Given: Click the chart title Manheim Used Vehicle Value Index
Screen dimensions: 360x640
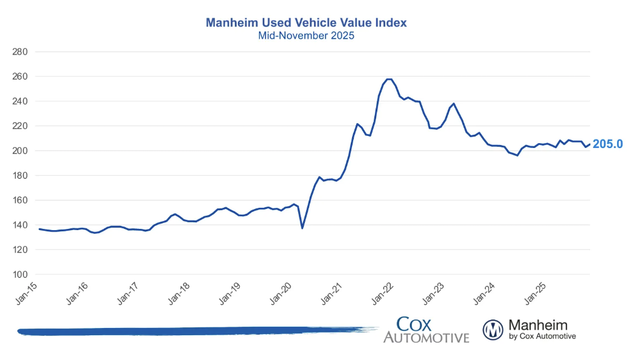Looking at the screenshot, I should click(306, 23).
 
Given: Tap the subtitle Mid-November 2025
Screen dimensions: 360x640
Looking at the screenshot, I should click(306, 36).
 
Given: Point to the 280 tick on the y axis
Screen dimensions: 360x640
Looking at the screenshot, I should click(21, 52).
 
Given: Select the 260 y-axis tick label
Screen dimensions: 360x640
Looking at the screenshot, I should click(21, 77).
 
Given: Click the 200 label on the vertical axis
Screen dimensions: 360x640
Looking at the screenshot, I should click(21, 151).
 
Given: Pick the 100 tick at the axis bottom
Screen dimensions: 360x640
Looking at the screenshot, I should click(21, 274).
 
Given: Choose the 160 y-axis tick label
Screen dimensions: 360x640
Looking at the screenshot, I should click(21, 201).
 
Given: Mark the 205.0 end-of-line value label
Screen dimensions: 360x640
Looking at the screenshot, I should click(607, 144).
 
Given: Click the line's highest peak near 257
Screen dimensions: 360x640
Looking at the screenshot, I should click(389, 79).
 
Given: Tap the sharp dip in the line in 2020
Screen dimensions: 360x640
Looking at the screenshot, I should click(302, 228).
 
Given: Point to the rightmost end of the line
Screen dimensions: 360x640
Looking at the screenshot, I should click(589, 144).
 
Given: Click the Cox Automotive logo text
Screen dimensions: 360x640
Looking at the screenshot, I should click(426, 329).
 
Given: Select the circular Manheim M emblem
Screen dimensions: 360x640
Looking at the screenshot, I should click(493, 329).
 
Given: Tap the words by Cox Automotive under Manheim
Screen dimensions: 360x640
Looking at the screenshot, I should click(542, 336).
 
